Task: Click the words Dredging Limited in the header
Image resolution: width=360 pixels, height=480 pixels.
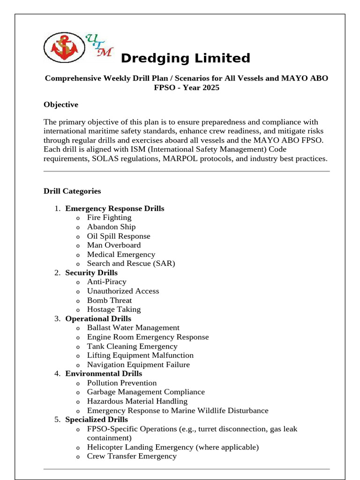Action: click(x=185, y=59)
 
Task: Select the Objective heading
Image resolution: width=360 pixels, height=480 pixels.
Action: click(x=61, y=105)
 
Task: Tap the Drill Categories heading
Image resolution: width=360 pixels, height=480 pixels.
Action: click(x=72, y=191)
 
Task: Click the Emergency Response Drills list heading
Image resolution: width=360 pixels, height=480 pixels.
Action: click(x=115, y=209)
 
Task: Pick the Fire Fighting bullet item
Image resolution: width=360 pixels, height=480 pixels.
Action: click(x=109, y=217)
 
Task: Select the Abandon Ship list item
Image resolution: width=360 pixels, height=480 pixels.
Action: click(x=111, y=227)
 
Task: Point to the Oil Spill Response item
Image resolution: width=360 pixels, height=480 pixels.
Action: click(x=119, y=236)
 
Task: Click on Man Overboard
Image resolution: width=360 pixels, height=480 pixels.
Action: click(x=114, y=245)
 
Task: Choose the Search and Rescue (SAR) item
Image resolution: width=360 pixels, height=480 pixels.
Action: click(x=131, y=263)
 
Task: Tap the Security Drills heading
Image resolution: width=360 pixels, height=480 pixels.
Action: click(x=91, y=273)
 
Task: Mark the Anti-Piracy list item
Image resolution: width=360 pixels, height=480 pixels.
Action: click(x=106, y=282)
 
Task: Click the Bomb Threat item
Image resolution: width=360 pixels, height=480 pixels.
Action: click(x=109, y=300)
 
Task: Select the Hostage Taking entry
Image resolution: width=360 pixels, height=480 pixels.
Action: click(x=113, y=309)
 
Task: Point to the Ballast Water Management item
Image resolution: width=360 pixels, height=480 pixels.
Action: click(x=133, y=328)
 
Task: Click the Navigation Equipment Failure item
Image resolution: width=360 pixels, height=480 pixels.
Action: click(x=138, y=365)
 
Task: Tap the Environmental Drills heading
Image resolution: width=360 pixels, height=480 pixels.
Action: click(x=104, y=374)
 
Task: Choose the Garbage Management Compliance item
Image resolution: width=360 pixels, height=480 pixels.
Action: click(x=146, y=392)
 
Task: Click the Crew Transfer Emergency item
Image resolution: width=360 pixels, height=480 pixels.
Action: click(x=132, y=456)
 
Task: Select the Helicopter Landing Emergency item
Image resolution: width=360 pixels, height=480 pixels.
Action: click(x=172, y=447)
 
